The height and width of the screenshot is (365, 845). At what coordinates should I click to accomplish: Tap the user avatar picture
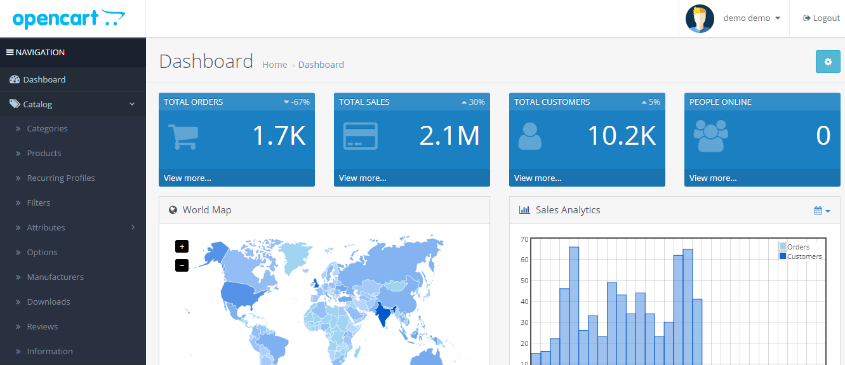pos(700,18)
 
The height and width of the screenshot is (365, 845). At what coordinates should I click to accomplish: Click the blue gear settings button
pos(827,62)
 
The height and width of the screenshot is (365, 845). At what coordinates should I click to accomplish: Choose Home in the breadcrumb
pos(274,65)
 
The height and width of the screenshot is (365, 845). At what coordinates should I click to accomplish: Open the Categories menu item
pos(47,129)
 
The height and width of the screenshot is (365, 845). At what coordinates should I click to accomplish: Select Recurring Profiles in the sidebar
pos(61,178)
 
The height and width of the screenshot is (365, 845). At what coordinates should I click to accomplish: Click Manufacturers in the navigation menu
pos(55,277)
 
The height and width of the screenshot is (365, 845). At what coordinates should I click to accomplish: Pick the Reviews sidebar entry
pos(43,327)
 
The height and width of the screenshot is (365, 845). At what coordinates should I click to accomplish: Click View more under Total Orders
pos(187,178)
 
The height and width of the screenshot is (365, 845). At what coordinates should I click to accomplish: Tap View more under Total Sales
pos(363,178)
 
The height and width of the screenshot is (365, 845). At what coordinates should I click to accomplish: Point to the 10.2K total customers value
pos(621,136)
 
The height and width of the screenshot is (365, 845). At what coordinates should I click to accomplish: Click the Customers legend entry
pos(804,256)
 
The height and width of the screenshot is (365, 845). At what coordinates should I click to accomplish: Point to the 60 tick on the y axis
pos(524,260)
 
